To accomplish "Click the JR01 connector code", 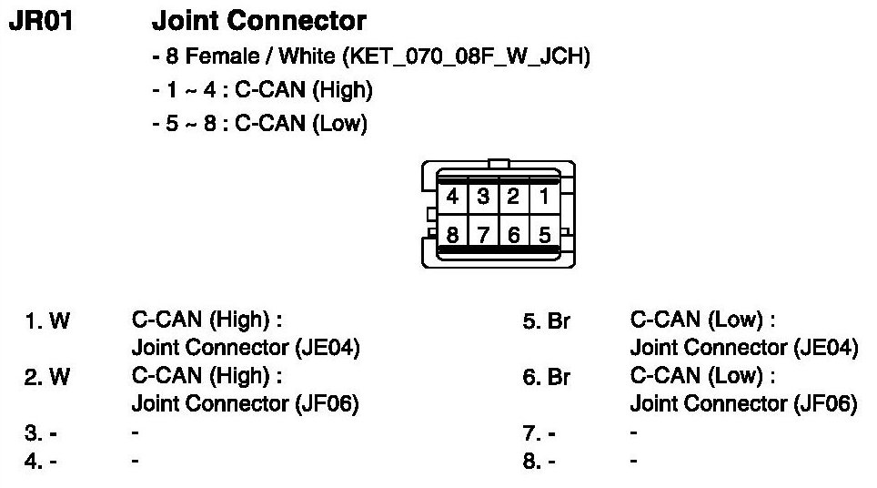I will point(40,20).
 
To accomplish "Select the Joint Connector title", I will point(259,20).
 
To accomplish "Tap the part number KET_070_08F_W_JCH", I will point(465,57).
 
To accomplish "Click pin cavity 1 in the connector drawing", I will point(544,196).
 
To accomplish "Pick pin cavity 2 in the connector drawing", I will point(514,196).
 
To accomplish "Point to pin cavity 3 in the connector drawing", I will point(484,196).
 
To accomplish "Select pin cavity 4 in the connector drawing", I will point(452,196).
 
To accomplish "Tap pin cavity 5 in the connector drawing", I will point(544,235).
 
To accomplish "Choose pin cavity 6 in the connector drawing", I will point(514,235).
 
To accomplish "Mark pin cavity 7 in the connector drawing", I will point(484,235).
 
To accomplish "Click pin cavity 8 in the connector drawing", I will point(452,235).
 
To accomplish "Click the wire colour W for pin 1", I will point(59,321).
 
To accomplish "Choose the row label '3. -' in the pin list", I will point(41,433).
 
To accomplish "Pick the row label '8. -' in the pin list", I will point(539,462).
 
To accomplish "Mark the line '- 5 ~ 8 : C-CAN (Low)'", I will point(259,124).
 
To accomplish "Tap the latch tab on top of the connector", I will point(498,164).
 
